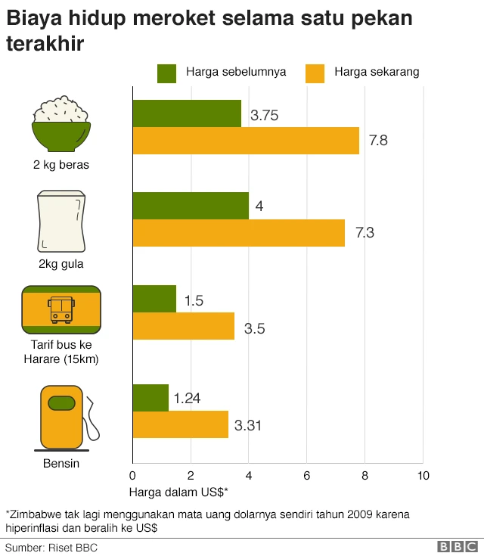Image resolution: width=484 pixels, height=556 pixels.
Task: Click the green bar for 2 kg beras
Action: click(x=187, y=113)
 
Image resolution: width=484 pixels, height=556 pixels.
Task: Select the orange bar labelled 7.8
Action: click(x=246, y=141)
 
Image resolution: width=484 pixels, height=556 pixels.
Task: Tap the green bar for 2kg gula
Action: click(x=191, y=206)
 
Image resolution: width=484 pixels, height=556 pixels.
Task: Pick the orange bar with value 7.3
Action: click(x=238, y=233)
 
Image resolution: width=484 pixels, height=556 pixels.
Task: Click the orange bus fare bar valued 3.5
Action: click(x=183, y=327)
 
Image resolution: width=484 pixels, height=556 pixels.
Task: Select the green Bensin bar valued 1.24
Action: click(x=150, y=398)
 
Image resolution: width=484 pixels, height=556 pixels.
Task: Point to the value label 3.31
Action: click(x=248, y=426)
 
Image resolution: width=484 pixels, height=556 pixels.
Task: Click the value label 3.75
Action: click(x=265, y=116)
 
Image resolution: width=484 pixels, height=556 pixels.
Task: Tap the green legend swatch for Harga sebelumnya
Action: click(x=166, y=73)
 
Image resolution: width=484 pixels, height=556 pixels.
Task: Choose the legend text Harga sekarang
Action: click(x=376, y=73)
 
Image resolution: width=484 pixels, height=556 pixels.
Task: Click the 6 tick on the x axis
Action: click(x=306, y=475)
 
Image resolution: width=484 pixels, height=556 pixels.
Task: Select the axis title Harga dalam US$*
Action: click(x=178, y=492)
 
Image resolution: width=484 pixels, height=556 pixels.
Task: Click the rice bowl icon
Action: click(x=61, y=124)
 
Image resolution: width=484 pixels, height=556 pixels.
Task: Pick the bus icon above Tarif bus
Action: click(x=61, y=309)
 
